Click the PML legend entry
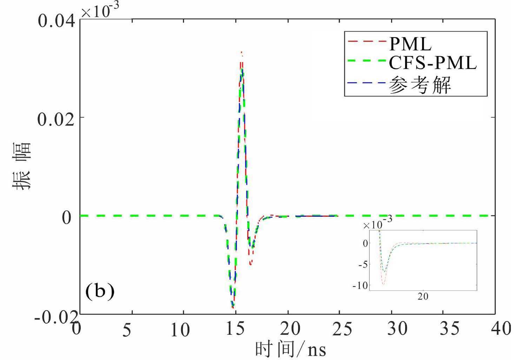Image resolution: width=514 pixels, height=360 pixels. [410, 45]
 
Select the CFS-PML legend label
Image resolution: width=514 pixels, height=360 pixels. [433, 64]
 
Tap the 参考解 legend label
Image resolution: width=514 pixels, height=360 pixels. [420, 85]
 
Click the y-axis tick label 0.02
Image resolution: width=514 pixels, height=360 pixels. [56, 119]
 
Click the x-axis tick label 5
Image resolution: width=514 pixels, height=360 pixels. [127, 330]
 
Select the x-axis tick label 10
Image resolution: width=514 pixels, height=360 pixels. [180, 330]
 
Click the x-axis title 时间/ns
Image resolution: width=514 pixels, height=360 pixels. [290, 349]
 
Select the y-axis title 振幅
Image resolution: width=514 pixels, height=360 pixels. [22, 166]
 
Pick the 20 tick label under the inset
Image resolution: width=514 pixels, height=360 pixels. [423, 296]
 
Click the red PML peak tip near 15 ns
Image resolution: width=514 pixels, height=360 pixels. [241, 52]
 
